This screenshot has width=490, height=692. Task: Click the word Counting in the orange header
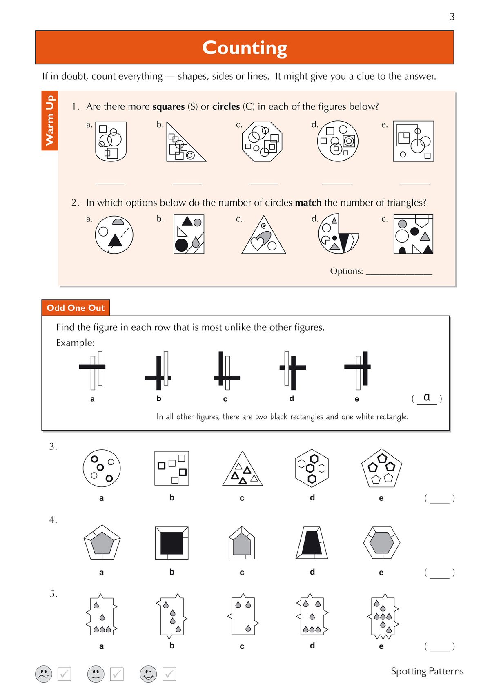point(245,48)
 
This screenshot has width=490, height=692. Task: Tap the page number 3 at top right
point(452,17)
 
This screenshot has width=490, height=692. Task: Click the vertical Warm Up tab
point(49,120)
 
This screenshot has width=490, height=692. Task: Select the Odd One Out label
point(76,308)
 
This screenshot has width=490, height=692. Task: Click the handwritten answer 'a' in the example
point(427,397)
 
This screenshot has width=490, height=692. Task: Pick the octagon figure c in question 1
point(262,141)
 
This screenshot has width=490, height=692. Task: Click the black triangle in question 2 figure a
point(115,241)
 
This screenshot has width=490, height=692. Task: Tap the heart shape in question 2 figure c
point(257,243)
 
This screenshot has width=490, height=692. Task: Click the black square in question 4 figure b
point(171,543)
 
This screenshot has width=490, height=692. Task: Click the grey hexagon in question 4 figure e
point(381,543)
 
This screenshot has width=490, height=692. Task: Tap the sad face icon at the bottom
point(44,674)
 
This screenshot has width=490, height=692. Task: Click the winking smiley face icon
point(148,674)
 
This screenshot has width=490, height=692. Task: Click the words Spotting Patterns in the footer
point(427,671)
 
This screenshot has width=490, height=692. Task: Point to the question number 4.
point(53,520)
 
